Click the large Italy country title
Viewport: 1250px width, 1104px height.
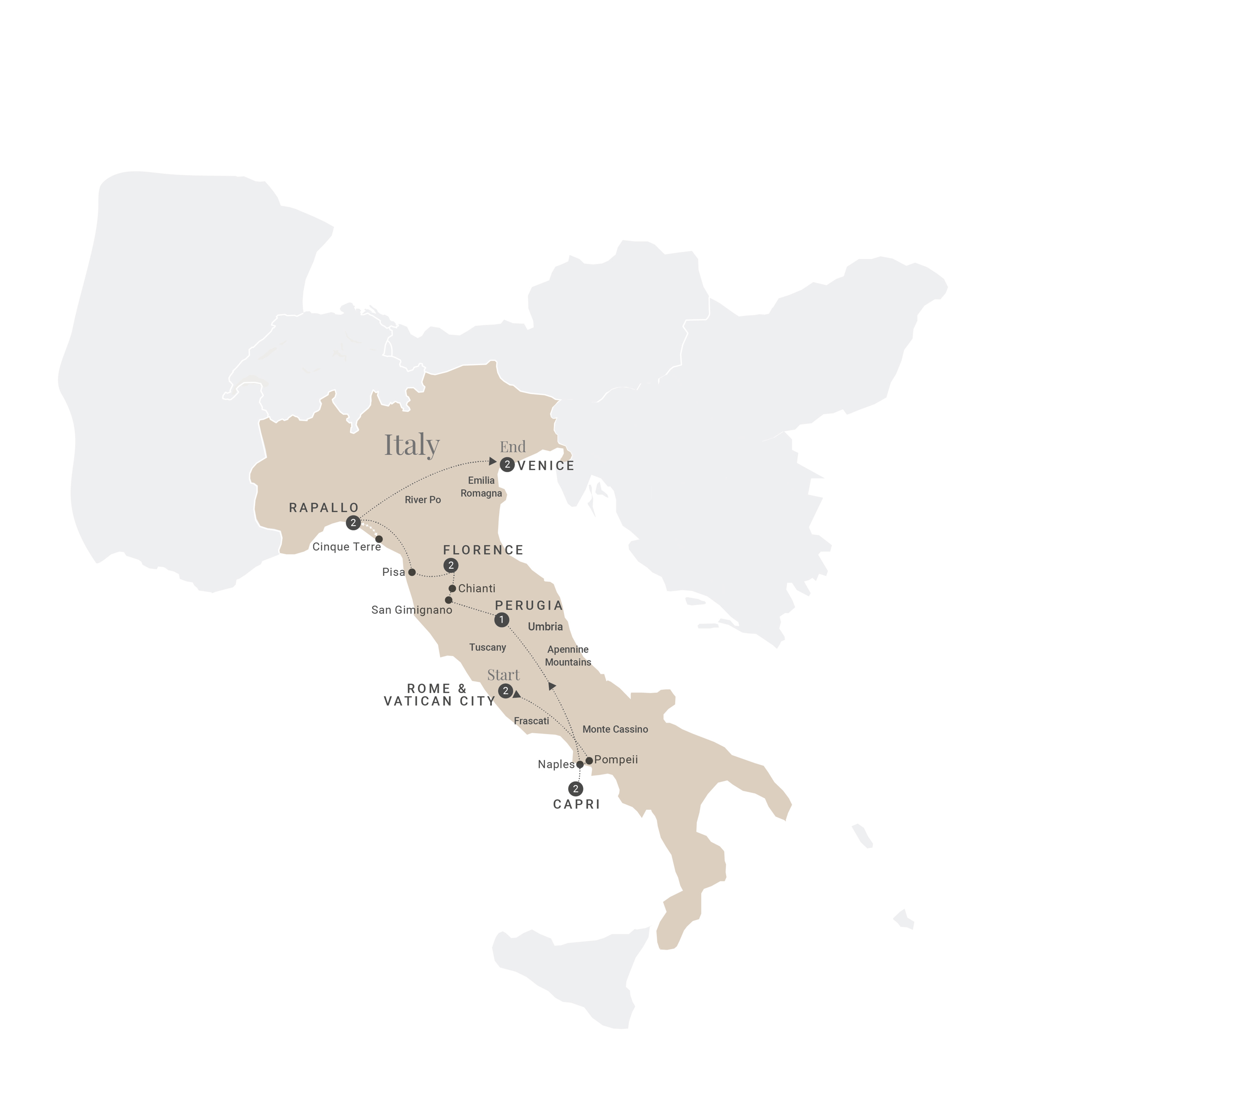pos(411,445)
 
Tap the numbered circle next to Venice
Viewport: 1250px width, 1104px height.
pos(507,465)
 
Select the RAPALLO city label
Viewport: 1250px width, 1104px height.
pos(324,508)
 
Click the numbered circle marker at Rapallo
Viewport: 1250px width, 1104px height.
pos(353,523)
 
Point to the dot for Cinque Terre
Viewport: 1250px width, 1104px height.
pos(379,539)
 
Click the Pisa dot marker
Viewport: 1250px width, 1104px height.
pos(412,572)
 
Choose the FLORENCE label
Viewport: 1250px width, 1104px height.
pos(483,550)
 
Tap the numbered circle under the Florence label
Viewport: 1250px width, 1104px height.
pos(451,565)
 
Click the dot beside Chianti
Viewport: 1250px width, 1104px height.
pos(452,588)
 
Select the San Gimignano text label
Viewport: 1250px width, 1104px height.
pos(411,610)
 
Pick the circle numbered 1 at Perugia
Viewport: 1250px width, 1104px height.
pos(502,620)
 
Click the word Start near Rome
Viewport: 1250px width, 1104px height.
pos(503,675)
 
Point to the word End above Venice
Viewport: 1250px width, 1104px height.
pos(513,447)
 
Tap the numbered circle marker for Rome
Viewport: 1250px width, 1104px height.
pos(505,691)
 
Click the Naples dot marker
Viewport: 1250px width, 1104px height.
pos(580,764)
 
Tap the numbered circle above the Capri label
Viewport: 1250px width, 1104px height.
pos(575,789)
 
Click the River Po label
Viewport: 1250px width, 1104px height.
pos(422,500)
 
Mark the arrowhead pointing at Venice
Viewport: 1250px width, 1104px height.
pos(493,461)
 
